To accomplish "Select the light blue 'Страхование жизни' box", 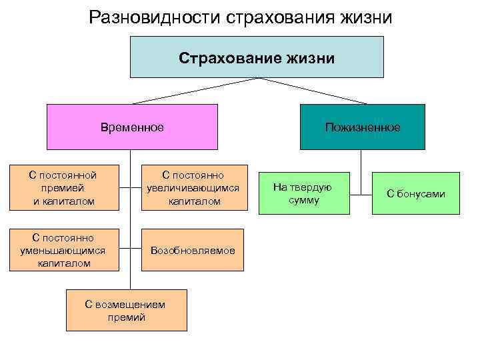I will click(257, 57).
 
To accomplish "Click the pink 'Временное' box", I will click(132, 127).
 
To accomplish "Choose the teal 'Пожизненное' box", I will click(363, 127).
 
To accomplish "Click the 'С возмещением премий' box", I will click(126, 311).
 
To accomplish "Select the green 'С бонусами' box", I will click(416, 193).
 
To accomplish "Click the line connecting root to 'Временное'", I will click(193, 91).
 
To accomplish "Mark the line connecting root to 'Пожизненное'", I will click(313, 91).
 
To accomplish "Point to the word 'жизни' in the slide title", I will click(363, 16).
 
